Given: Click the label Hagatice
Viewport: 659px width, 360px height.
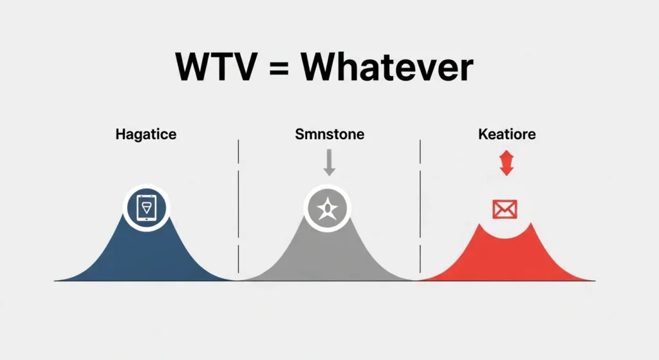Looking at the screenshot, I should click(146, 135).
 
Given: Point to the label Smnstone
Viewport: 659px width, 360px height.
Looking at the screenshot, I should click(329, 135).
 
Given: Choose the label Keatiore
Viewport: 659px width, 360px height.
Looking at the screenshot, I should click(507, 135).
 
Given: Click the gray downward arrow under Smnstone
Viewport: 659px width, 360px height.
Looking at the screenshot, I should click(329, 163).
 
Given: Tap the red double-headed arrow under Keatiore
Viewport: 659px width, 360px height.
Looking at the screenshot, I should click(506, 163).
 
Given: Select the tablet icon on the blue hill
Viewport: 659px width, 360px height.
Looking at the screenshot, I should click(147, 207).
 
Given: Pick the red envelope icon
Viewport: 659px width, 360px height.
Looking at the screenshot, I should click(505, 208).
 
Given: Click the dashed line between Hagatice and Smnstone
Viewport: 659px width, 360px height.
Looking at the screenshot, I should click(239, 206).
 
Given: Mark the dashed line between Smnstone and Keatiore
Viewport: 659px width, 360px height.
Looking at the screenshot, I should click(420, 206).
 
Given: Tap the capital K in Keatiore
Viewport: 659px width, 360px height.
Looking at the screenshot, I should click(483, 135).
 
